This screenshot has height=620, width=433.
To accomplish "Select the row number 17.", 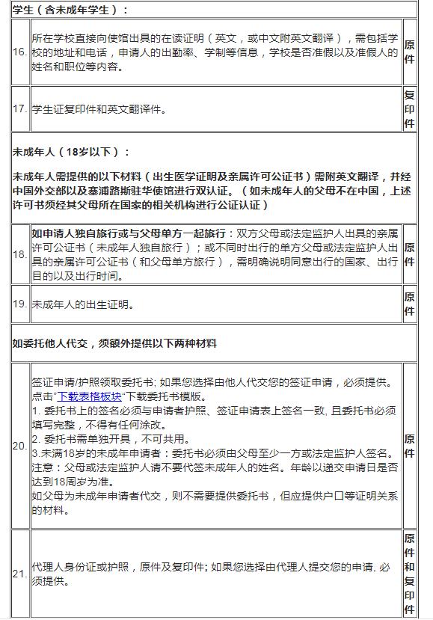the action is click(20, 109).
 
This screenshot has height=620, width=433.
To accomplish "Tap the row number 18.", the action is click(20, 254).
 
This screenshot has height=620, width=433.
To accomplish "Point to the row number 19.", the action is click(20, 304).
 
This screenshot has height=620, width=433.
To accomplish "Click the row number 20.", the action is click(20, 446).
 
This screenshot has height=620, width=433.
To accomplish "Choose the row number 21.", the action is click(20, 574).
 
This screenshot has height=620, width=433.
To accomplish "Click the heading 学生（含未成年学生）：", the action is click(70, 10).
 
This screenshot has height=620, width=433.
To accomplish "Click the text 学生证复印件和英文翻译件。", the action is click(98, 109).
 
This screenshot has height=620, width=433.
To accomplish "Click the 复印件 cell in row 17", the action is click(409, 109).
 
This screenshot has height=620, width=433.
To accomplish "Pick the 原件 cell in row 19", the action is click(409, 304).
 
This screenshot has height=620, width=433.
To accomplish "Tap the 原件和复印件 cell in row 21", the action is click(409, 574).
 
